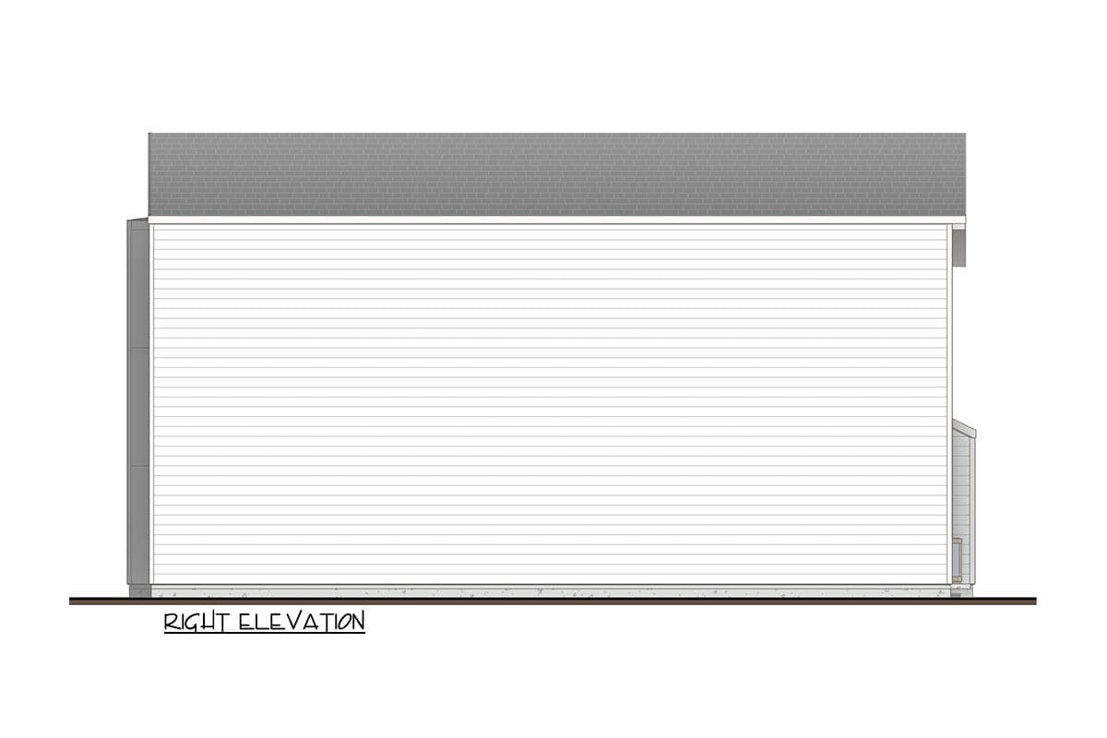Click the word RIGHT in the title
point(196,622)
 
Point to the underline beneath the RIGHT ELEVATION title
point(265,634)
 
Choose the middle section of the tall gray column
point(138,407)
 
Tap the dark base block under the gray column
point(139,590)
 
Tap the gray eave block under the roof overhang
point(959,247)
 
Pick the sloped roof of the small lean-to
point(964,430)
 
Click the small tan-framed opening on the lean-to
point(958,559)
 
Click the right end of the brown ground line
point(1034,601)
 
